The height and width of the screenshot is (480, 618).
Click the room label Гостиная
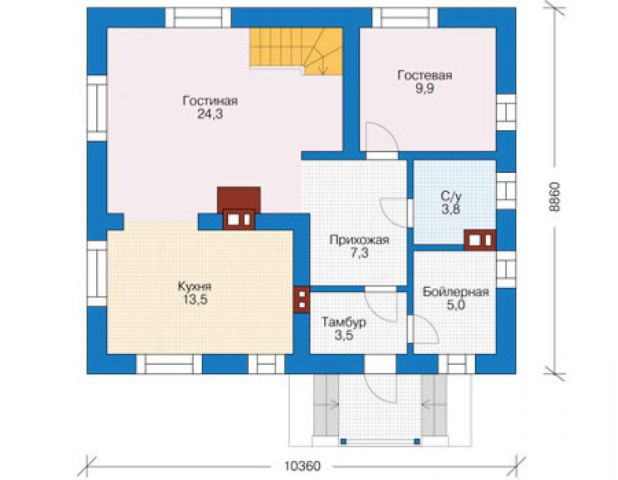click(210, 101)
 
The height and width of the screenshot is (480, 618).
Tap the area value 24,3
click(210, 114)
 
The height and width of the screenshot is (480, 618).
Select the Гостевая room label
click(425, 75)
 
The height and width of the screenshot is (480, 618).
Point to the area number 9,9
click(425, 88)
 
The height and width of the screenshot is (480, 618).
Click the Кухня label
click(195, 286)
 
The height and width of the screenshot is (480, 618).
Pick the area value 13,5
click(195, 300)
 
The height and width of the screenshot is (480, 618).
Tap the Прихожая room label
click(359, 240)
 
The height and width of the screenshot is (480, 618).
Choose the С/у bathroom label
click(451, 196)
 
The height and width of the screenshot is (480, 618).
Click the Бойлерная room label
click(456, 292)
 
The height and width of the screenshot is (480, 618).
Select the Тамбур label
click(344, 322)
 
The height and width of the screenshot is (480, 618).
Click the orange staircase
click(296, 51)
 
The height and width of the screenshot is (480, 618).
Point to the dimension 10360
click(302, 466)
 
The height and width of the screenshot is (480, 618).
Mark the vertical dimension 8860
click(555, 197)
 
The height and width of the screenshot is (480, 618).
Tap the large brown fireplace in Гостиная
click(239, 208)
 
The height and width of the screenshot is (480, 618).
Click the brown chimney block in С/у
click(479, 240)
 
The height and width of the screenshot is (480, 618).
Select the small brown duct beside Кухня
click(302, 299)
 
